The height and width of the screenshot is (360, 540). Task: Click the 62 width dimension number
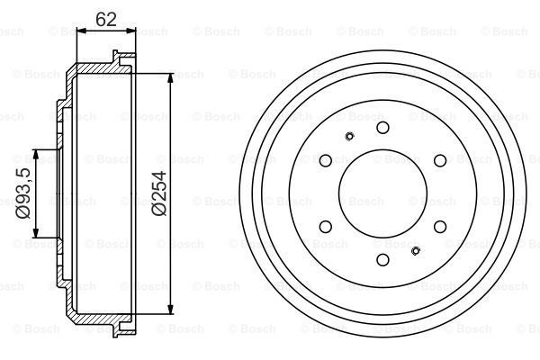[x=104, y=18]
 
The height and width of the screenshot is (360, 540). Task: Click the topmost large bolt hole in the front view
[x=382, y=128]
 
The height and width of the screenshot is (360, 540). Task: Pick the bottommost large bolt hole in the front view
[x=382, y=260]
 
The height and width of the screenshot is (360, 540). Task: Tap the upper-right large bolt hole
[x=440, y=160]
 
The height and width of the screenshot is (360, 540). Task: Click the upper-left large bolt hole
[x=326, y=160]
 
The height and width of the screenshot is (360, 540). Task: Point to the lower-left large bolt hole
[x=326, y=227]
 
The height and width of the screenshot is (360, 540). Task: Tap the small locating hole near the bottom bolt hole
[x=415, y=250]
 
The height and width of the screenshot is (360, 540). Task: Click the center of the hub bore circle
[x=382, y=193]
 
